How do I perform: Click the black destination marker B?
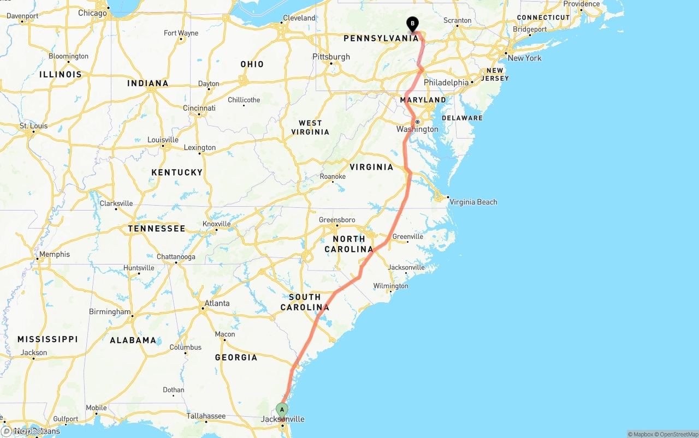pyautogui.click(x=412, y=24)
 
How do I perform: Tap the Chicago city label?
pyautogui.click(x=92, y=13)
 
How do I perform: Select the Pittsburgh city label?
pyautogui.click(x=331, y=57)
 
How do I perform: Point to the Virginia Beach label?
pyautogui.click(x=473, y=202)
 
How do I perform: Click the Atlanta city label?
pyautogui.click(x=217, y=303)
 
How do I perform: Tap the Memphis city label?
pyautogui.click(x=55, y=254)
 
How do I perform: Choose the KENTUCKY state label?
pyautogui.click(x=177, y=172)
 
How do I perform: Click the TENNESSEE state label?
pyautogui.click(x=157, y=229)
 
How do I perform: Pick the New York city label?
pyautogui.click(x=524, y=58)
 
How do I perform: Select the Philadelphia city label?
pyautogui.click(x=446, y=82)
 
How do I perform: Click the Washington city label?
pyautogui.click(x=417, y=129)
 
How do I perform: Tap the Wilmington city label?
pyautogui.click(x=390, y=286)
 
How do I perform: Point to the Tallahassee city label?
pyautogui.click(x=206, y=416)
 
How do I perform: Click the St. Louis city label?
pyautogui.click(x=34, y=126)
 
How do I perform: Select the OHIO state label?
pyautogui.click(x=252, y=64)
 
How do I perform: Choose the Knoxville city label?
pyautogui.click(x=216, y=224)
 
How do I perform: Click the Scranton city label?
pyautogui.click(x=458, y=20)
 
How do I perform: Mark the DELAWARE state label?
pyautogui.click(x=462, y=118)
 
